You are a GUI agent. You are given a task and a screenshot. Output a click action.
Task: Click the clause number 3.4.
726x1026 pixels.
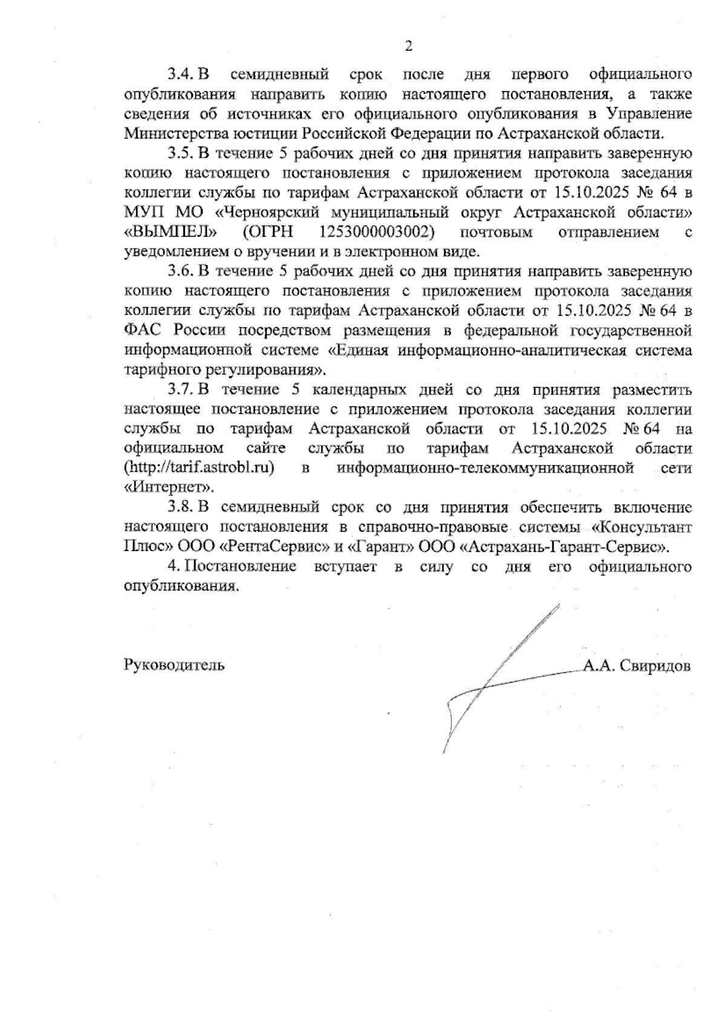click(x=181, y=75)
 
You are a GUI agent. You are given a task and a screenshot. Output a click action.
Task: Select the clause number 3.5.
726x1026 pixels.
click(x=181, y=154)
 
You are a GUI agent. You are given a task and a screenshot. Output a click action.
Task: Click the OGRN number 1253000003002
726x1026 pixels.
click(x=376, y=232)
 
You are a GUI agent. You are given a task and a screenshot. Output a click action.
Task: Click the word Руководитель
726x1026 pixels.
click(x=174, y=666)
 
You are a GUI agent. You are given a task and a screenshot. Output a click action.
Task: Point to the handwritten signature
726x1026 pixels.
click(x=496, y=678)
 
